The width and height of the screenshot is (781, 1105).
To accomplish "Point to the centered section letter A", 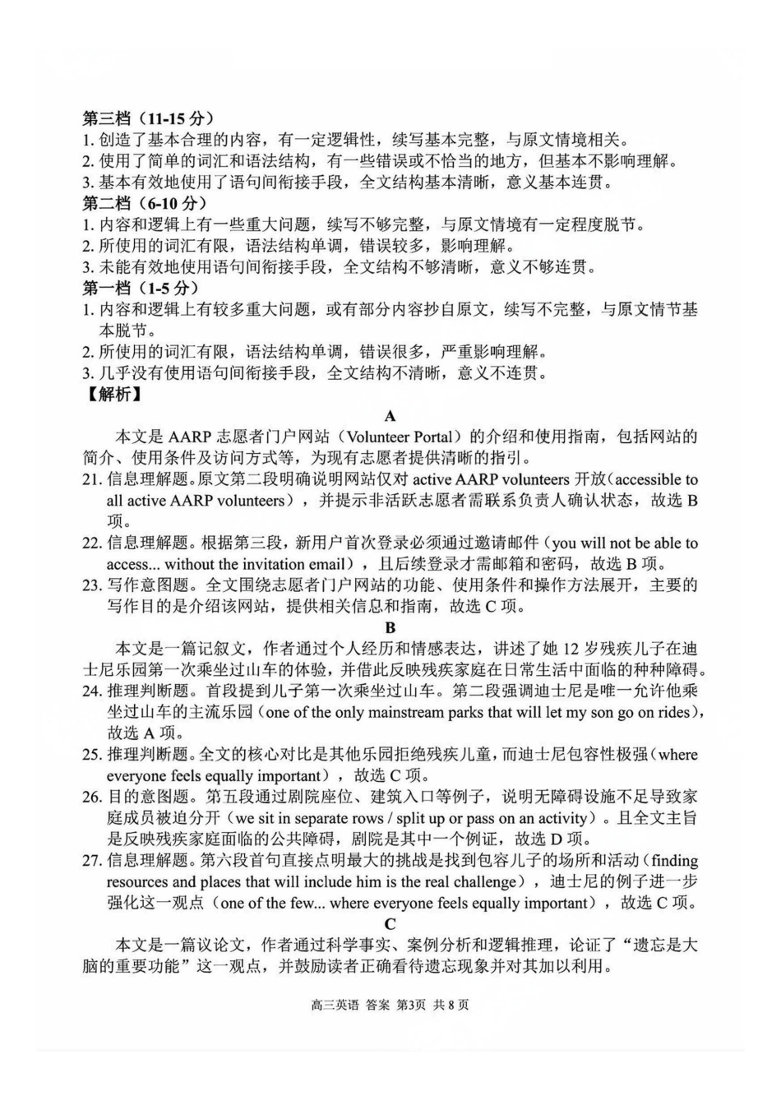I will [390, 416].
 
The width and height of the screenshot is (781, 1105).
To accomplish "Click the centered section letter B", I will [390, 628].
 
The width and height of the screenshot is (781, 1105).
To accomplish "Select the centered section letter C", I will [390, 924].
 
